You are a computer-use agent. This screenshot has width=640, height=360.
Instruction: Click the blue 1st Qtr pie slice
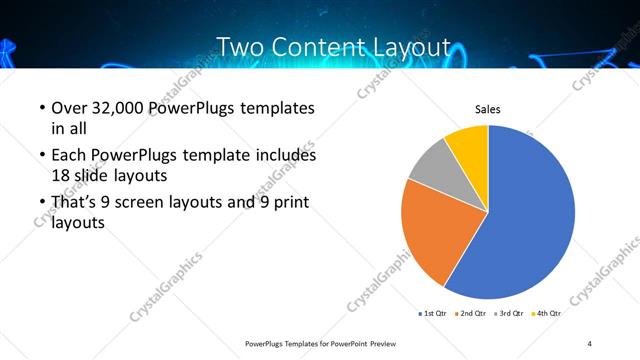coord(530,220)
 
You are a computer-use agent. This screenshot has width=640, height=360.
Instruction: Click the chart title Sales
coord(487,109)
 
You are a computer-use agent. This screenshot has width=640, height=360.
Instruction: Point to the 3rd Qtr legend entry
coord(510,314)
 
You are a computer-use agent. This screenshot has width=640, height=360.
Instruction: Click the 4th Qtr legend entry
coord(547,314)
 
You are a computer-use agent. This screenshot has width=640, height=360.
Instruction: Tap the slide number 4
coord(590,343)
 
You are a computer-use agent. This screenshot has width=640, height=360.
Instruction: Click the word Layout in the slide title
coord(401,46)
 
